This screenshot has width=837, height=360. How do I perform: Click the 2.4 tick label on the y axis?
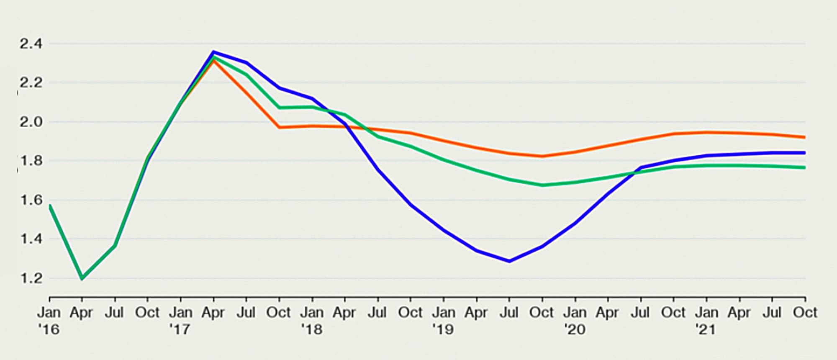(x=31, y=44)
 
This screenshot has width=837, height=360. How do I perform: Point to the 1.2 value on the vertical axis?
(x=31, y=278)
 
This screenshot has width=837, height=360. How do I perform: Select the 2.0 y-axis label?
(x=31, y=122)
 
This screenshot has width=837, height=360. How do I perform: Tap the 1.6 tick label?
(x=31, y=200)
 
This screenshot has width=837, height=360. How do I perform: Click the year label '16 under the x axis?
(x=49, y=330)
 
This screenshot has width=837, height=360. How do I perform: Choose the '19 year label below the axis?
(x=443, y=330)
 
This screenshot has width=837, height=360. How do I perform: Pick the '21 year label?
(x=706, y=330)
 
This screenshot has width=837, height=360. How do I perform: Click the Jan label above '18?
(x=312, y=313)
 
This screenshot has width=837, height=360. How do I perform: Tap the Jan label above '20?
(x=575, y=313)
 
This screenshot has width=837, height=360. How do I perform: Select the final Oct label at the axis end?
(x=805, y=313)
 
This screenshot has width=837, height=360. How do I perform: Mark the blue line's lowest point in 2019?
(x=509, y=261)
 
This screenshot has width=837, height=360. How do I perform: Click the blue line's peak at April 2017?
(x=213, y=52)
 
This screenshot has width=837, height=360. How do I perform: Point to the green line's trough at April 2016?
(x=82, y=278)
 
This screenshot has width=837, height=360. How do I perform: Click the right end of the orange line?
(x=805, y=137)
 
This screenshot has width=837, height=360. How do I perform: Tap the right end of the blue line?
(x=805, y=153)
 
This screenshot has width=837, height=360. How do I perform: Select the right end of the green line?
(x=805, y=167)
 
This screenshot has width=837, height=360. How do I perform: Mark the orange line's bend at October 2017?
(x=279, y=127)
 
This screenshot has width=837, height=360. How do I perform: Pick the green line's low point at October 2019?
(x=542, y=185)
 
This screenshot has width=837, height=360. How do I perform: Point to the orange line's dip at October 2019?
(x=542, y=157)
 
